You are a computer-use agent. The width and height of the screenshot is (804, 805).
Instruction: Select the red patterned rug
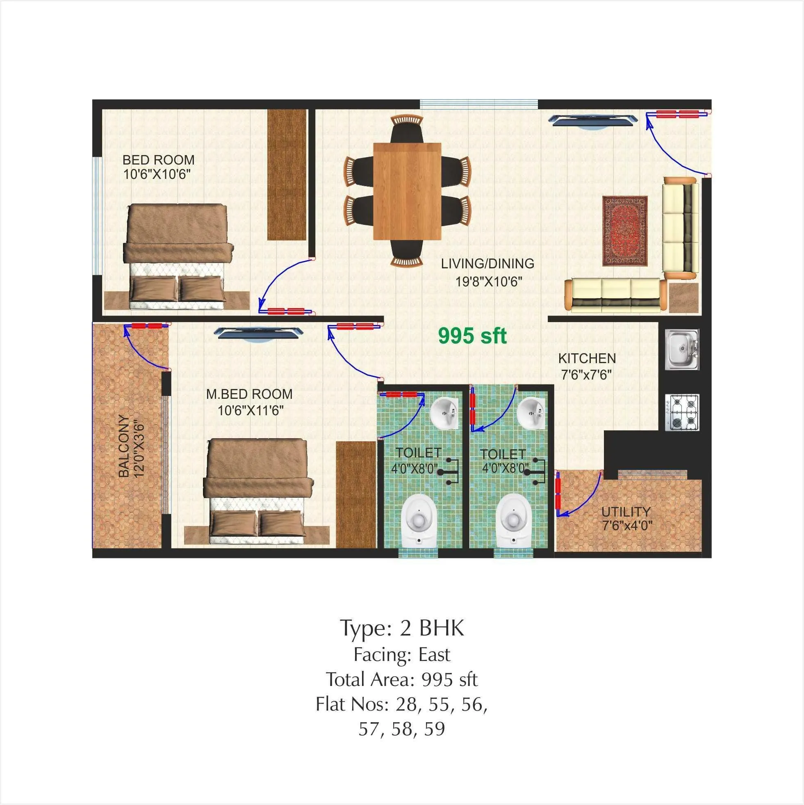coord(625,231)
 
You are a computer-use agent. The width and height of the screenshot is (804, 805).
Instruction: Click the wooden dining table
coord(407,191)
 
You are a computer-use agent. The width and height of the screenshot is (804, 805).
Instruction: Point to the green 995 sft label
coord(472,336)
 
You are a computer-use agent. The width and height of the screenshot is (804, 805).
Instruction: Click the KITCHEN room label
coord(587,358)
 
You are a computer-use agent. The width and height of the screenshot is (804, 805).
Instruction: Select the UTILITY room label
coord(626,512)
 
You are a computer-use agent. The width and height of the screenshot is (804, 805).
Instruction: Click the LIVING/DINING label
coord(487,263)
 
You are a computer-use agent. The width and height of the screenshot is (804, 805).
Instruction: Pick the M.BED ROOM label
coord(249,394)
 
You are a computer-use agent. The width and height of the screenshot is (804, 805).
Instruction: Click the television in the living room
coord(592,121)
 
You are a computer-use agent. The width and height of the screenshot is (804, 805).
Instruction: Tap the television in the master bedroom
coord(261,334)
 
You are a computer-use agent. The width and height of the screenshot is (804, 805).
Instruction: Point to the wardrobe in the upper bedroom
coord(287,174)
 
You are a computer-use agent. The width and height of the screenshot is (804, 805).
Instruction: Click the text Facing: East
coord(402,654)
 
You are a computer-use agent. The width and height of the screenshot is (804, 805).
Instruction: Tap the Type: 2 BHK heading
coord(402,628)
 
